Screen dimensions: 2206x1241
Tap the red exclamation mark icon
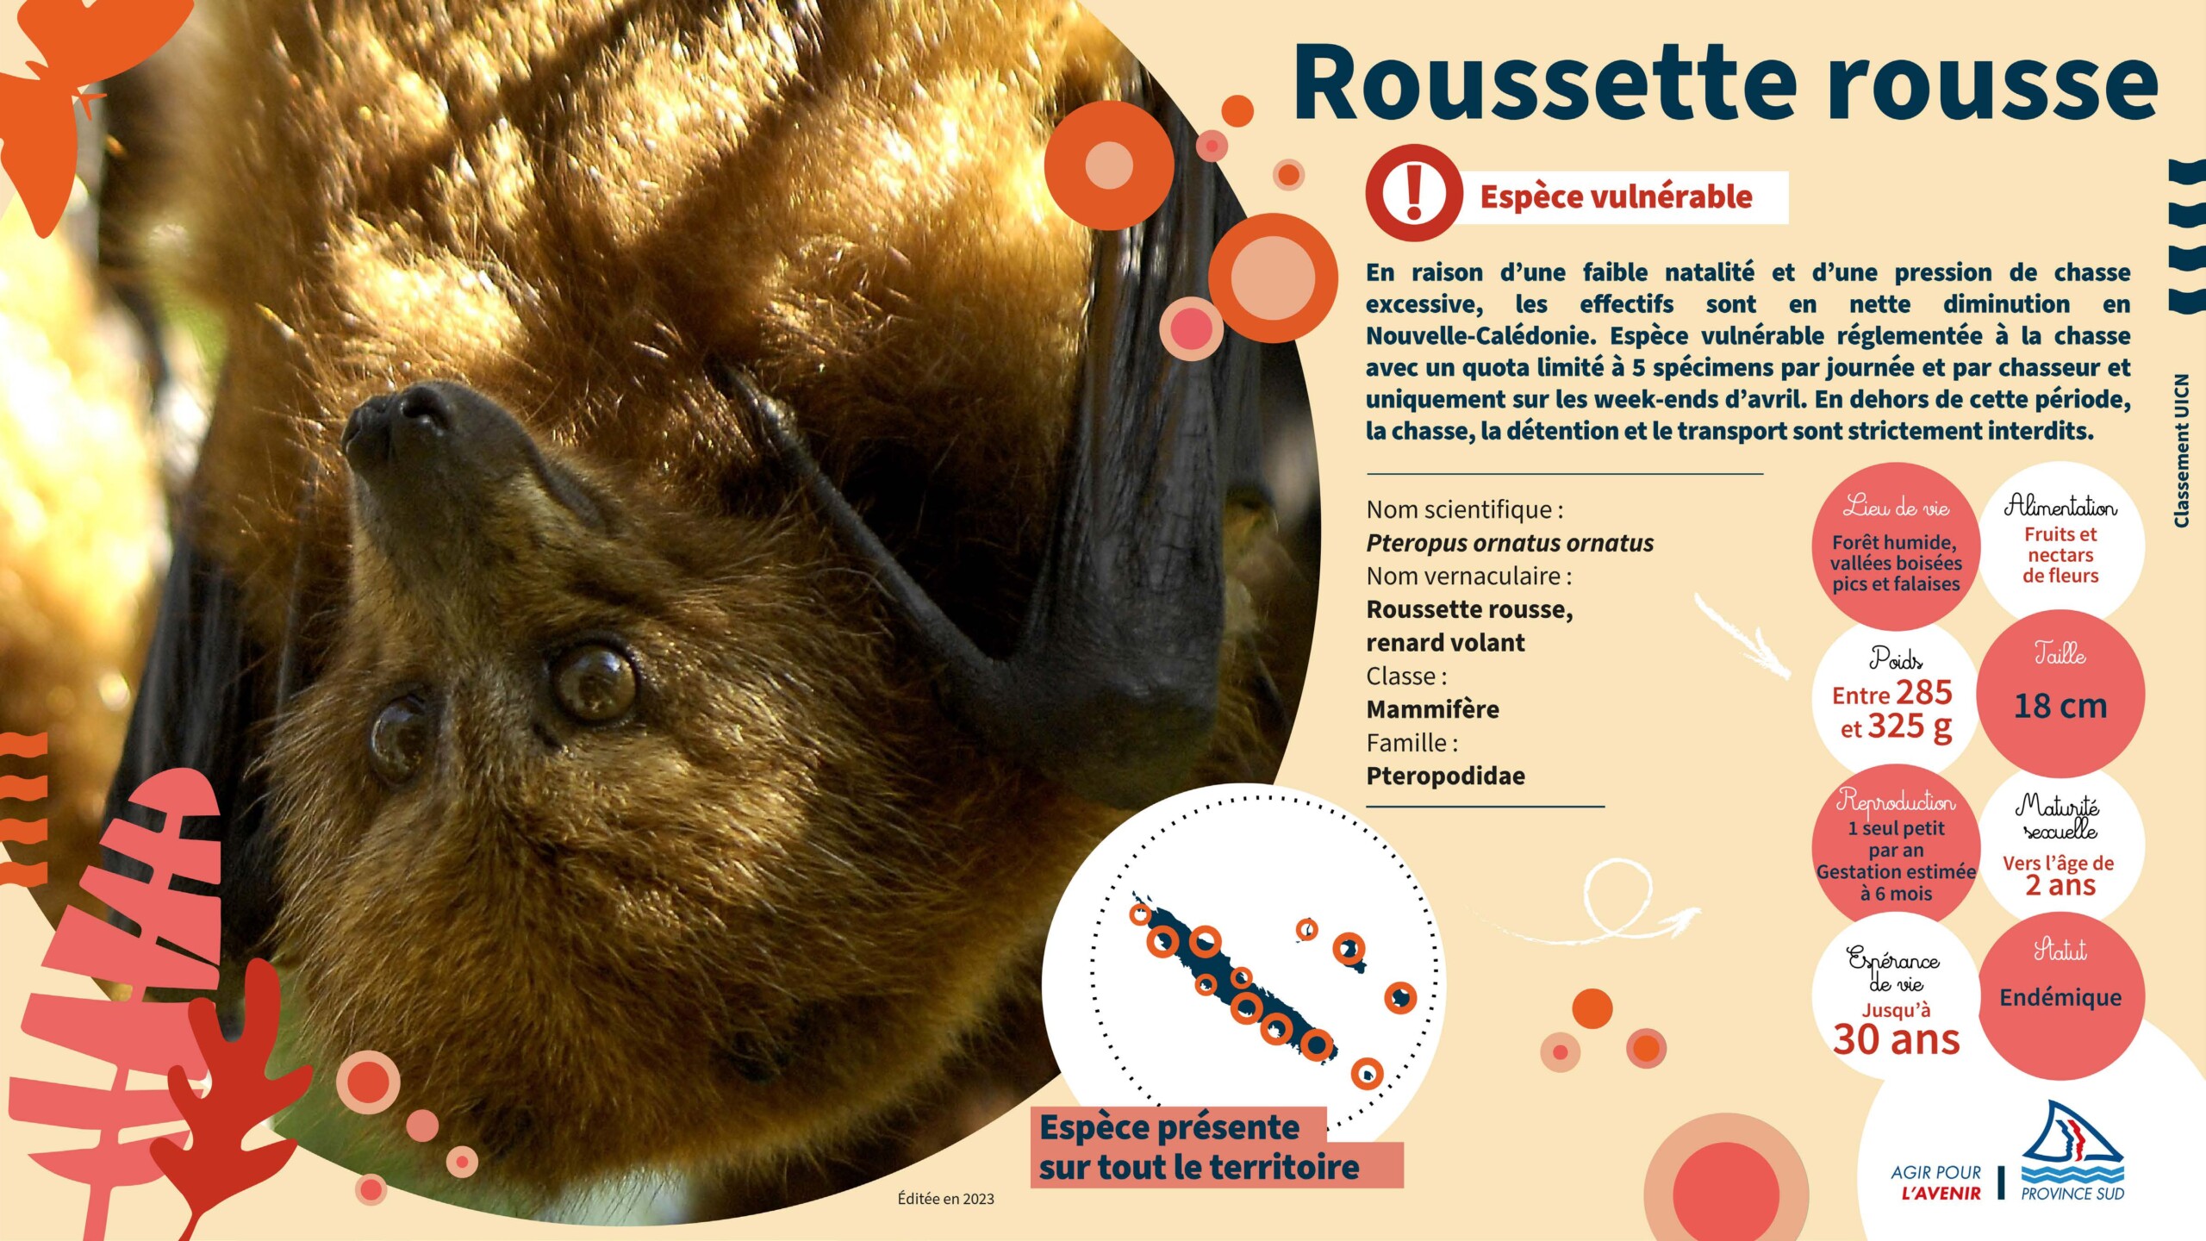click(1413, 193)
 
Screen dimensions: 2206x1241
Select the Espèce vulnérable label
click(1616, 197)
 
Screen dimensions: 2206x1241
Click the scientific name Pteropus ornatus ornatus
click(1510, 543)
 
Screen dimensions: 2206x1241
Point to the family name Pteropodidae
click(1445, 776)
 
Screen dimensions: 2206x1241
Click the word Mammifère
click(1432, 709)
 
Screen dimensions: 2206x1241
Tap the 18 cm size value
click(2060, 707)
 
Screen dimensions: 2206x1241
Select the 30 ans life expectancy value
click(1897, 1039)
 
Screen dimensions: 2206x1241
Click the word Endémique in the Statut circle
click(2060, 998)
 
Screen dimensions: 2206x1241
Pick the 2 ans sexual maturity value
click(2060, 885)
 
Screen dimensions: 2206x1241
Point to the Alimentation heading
click(2060, 505)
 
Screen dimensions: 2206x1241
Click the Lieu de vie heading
click(1896, 507)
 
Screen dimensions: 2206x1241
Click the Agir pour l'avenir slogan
click(1935, 1183)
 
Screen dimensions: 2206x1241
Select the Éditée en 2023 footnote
click(945, 1199)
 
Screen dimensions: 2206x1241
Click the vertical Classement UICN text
click(2181, 451)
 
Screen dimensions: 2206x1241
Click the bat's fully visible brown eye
click(595, 683)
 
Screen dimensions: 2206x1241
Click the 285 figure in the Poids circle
click(1923, 693)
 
